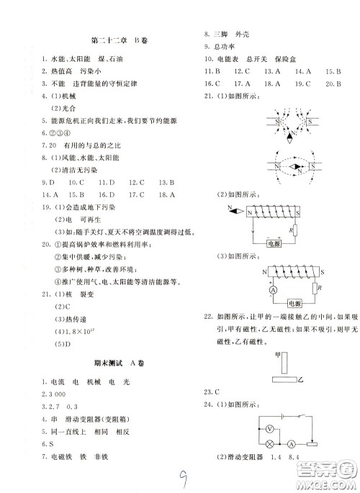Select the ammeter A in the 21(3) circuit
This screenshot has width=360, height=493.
tap(253, 290)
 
